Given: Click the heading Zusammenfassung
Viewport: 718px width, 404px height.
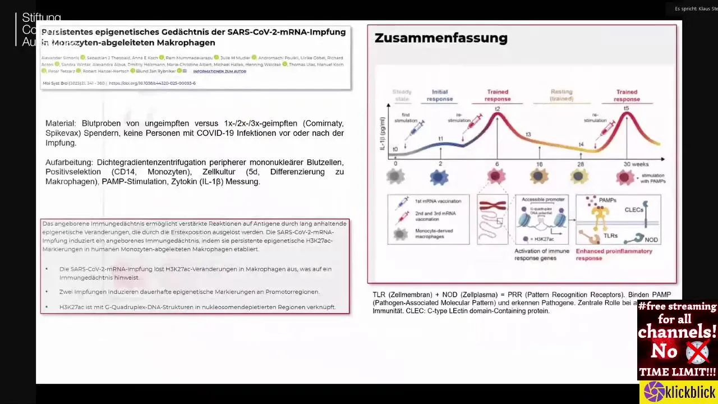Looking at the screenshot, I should [x=441, y=38].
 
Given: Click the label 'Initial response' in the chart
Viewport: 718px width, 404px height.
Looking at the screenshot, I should [x=440, y=95].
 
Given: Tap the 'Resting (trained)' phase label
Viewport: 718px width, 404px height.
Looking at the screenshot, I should [x=561, y=95].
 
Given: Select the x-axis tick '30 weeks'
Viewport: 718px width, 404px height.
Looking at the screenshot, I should [x=636, y=164].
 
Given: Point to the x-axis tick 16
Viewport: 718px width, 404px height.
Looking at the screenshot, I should [x=539, y=164].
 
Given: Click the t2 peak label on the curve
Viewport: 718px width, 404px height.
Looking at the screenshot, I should [x=497, y=109].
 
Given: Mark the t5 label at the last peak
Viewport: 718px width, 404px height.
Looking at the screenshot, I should [x=626, y=109].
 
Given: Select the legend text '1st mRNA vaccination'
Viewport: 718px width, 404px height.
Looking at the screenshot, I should [x=438, y=201].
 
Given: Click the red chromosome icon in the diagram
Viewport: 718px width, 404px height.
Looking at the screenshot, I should [x=493, y=206].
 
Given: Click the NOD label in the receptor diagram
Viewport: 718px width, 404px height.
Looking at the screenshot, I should [x=651, y=240].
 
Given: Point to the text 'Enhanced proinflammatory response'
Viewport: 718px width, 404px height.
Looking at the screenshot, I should [x=606, y=255].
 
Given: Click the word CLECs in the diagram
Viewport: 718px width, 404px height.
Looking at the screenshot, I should [x=634, y=210].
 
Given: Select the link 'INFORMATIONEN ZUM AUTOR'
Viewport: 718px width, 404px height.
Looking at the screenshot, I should [x=219, y=71].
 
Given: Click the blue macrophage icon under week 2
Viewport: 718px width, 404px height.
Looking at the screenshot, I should [x=439, y=177].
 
